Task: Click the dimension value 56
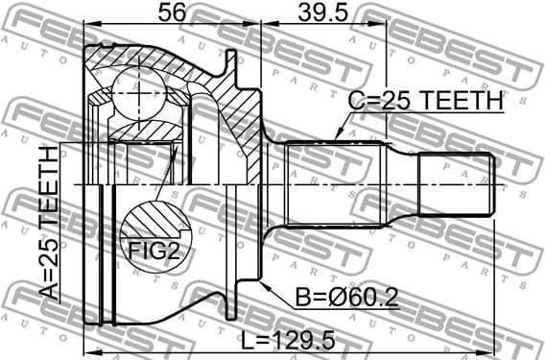pyautogui.click(x=171, y=12)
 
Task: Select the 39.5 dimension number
pyautogui.click(x=321, y=12)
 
